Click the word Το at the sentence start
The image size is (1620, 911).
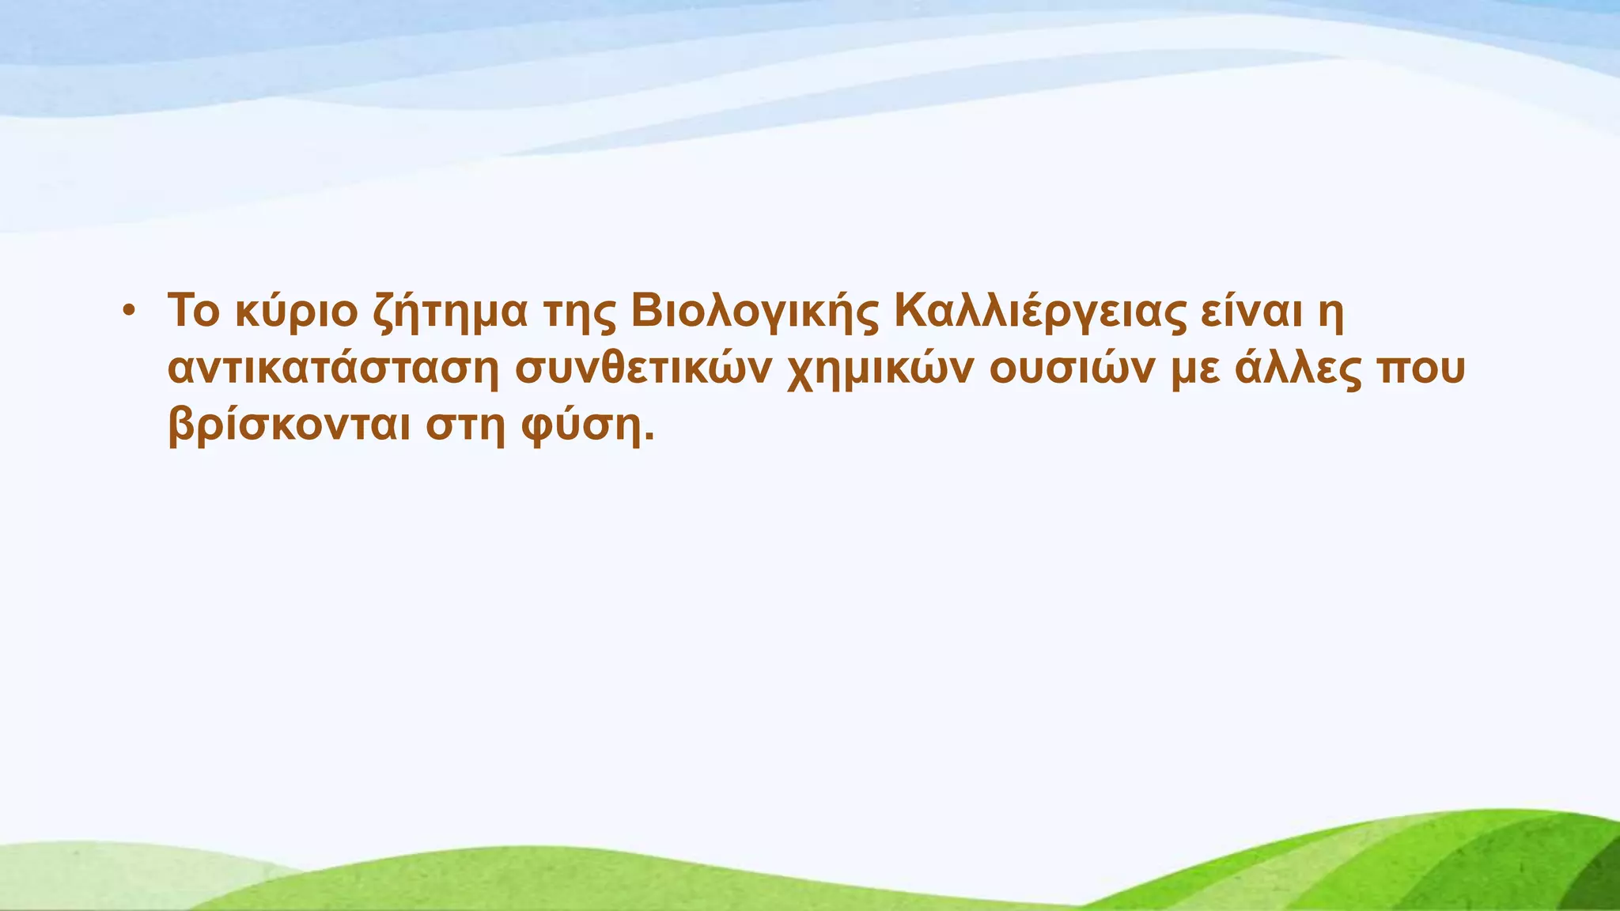click(x=193, y=310)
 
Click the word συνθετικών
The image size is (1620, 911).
click(x=643, y=369)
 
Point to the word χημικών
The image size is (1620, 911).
click(x=878, y=371)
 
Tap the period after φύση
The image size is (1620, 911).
click(x=649, y=438)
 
